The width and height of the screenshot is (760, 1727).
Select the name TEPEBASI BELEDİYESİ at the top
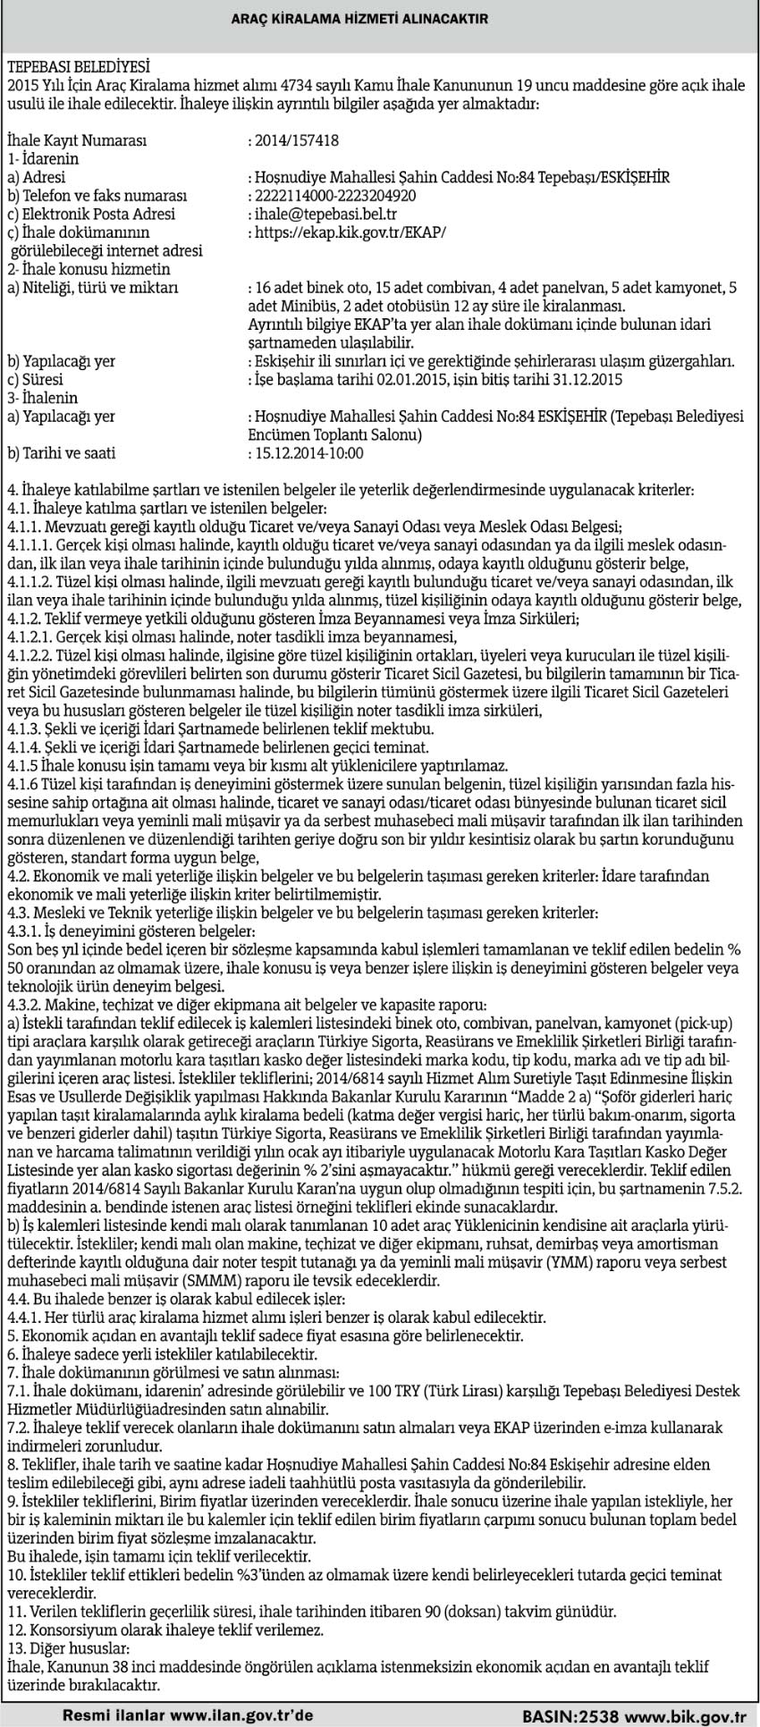click(78, 66)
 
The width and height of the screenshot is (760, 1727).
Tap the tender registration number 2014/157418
click(297, 140)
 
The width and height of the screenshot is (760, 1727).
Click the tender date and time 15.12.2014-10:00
click(309, 453)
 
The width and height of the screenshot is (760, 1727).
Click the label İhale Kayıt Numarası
click(75, 140)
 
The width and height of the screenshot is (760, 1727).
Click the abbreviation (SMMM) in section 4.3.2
click(181, 1279)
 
